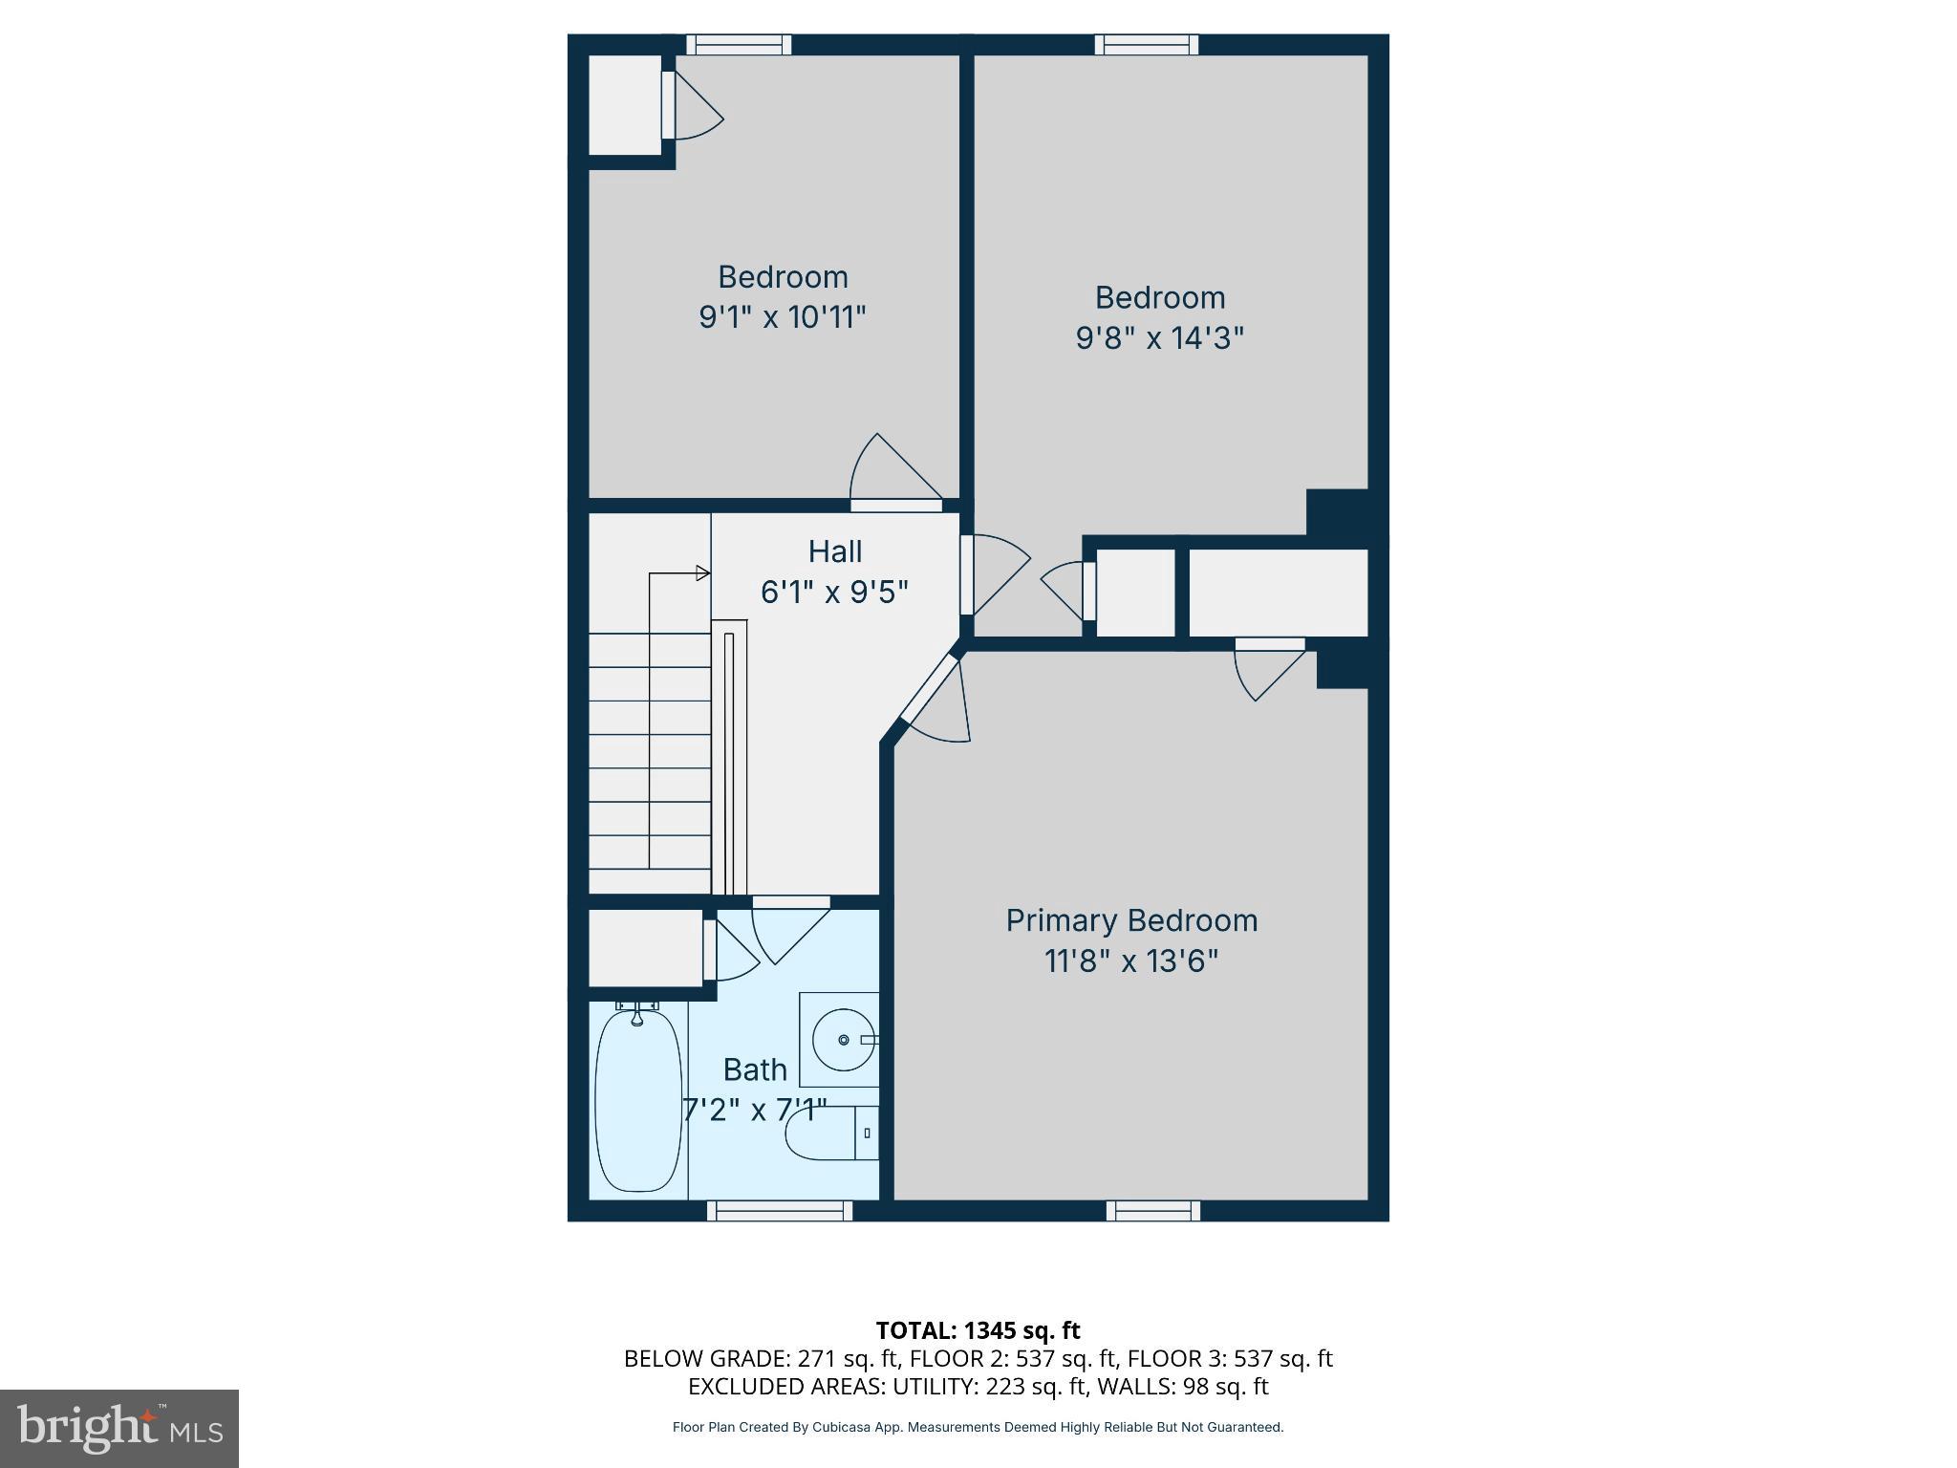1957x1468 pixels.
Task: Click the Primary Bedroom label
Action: tap(1131, 920)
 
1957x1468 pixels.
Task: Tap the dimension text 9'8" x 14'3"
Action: tap(1159, 338)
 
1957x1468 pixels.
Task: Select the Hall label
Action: tap(835, 551)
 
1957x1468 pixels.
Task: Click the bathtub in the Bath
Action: tap(638, 1100)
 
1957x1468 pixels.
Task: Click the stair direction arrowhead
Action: tap(703, 573)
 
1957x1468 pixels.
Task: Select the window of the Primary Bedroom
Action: tap(1153, 1211)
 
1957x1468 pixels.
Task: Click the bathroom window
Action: tap(780, 1211)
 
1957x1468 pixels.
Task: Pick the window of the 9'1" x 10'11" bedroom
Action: tap(739, 44)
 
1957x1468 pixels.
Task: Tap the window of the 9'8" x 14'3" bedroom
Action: tap(1146, 44)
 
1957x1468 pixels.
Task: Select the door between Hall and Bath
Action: tap(790, 903)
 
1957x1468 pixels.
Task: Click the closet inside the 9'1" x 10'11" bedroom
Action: tap(624, 105)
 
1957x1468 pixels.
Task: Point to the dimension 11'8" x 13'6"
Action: tap(1131, 961)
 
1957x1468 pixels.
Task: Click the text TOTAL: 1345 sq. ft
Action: tap(978, 1330)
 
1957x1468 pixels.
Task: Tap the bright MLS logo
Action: tap(118, 1428)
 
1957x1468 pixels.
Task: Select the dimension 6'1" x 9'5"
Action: tap(834, 593)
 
